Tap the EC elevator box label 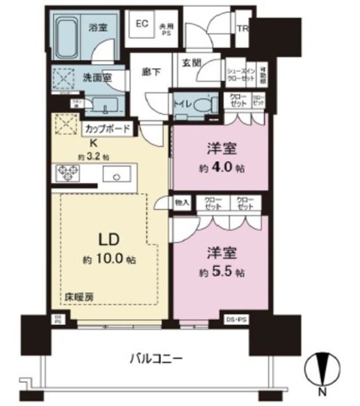pyautogui.click(x=141, y=24)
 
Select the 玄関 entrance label pyautogui.click(x=188, y=63)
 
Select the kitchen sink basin pyautogui.click(x=116, y=175)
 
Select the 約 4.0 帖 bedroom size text pyautogui.click(x=221, y=167)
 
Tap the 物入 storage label pyautogui.click(x=182, y=201)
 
